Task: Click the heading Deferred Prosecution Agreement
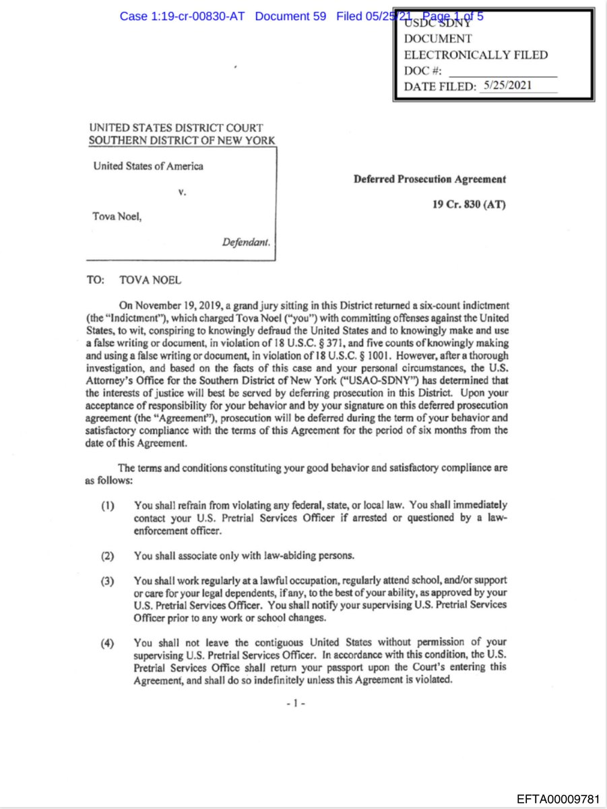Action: coord(430,179)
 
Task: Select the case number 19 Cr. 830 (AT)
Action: coord(469,204)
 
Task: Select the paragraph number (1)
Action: coord(107,505)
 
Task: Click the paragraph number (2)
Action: coord(107,556)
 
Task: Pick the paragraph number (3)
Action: coord(107,581)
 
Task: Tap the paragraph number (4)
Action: coord(107,643)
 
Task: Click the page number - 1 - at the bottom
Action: coord(296,702)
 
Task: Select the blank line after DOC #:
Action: coord(503,71)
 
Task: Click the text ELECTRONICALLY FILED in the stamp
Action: coord(476,55)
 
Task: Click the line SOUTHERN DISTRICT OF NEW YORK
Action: coord(182,140)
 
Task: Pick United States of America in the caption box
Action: coord(148,166)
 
